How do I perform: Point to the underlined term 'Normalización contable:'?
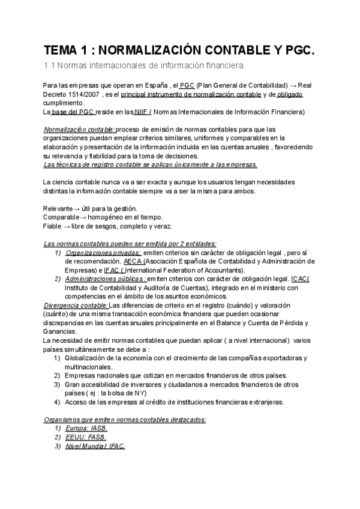pos(79,129)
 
